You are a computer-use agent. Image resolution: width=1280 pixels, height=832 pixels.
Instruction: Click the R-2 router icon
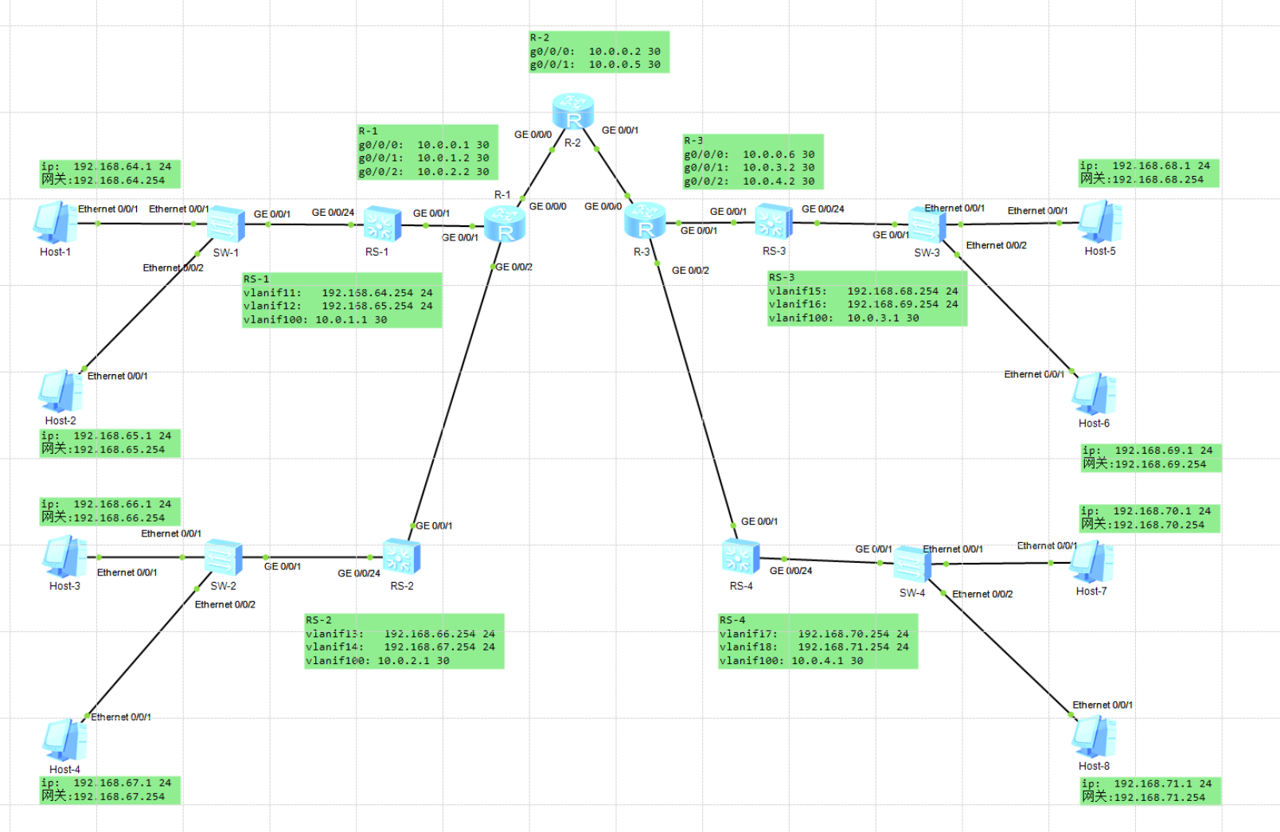click(x=573, y=111)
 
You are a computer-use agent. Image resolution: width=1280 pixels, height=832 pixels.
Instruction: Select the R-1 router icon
click(x=505, y=224)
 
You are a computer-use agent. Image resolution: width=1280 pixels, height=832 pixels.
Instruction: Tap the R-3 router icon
click(x=645, y=221)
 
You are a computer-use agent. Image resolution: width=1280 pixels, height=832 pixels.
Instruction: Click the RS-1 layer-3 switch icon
click(x=382, y=224)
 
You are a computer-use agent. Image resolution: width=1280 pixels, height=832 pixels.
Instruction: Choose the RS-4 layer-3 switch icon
click(x=740, y=557)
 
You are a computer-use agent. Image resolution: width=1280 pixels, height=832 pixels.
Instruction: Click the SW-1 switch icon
click(x=226, y=224)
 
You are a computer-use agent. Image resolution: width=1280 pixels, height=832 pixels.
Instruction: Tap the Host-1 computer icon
click(x=55, y=222)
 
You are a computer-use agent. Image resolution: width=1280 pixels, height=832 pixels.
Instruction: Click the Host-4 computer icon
click(x=64, y=740)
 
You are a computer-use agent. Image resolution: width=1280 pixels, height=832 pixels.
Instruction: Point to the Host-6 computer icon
click(x=1094, y=393)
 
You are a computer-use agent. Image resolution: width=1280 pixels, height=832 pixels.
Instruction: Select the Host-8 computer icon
click(x=1094, y=736)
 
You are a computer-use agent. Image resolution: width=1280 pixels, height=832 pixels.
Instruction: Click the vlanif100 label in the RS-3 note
click(x=800, y=318)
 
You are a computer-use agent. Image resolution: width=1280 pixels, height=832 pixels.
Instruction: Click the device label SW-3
click(x=927, y=252)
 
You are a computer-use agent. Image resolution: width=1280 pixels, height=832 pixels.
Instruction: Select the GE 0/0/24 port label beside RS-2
click(x=358, y=573)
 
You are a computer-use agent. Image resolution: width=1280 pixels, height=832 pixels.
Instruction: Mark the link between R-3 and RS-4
click(x=694, y=390)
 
